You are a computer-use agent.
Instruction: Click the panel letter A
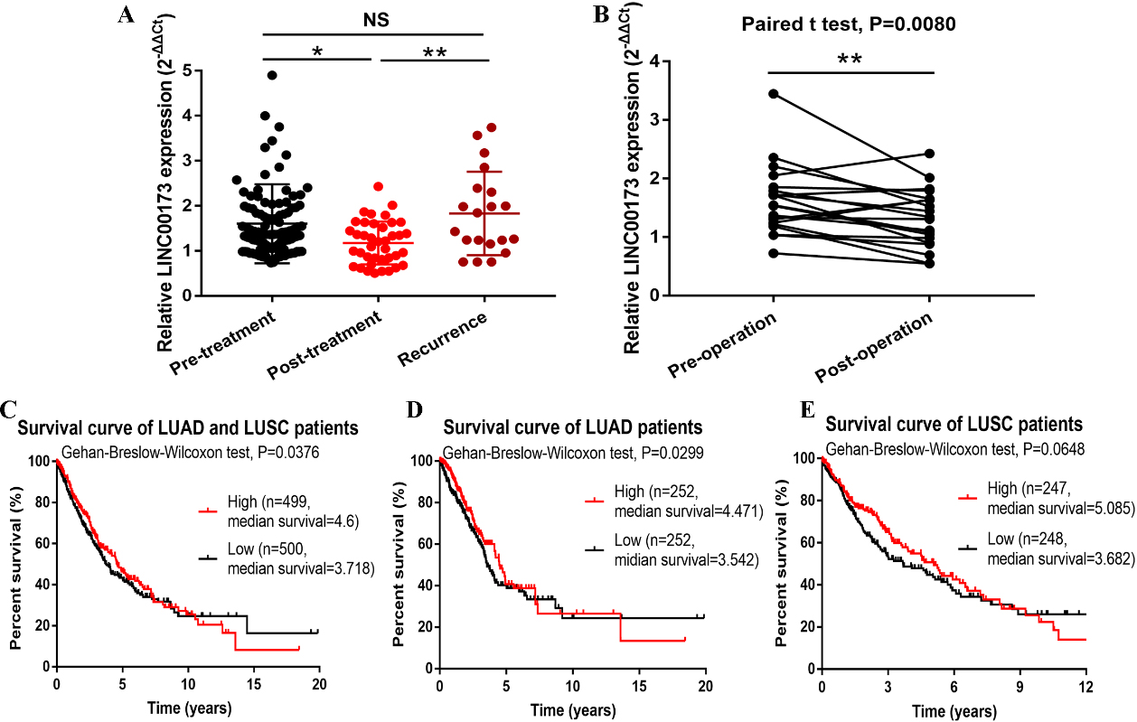[x=126, y=14]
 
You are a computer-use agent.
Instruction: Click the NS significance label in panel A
[x=376, y=20]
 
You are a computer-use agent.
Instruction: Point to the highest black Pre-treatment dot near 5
[x=272, y=75]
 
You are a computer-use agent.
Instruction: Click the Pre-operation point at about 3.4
[x=774, y=94]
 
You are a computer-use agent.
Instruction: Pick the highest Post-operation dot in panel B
[x=929, y=154]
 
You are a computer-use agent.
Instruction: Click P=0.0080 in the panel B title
[x=913, y=23]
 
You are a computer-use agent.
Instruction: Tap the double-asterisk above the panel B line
[x=850, y=60]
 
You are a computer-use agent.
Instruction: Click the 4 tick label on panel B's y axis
[x=654, y=62]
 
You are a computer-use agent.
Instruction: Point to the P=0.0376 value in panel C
[x=288, y=452]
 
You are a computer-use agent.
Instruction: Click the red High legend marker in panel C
[x=208, y=511]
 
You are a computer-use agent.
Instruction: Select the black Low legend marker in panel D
[x=595, y=549]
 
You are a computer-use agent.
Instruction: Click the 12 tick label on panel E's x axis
[x=1085, y=687]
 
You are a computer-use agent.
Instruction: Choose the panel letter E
[x=808, y=410]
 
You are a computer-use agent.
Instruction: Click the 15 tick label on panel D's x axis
[x=639, y=687]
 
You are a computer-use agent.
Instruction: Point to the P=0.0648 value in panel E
[x=1054, y=449]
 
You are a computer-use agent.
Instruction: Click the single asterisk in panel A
[x=317, y=52]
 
